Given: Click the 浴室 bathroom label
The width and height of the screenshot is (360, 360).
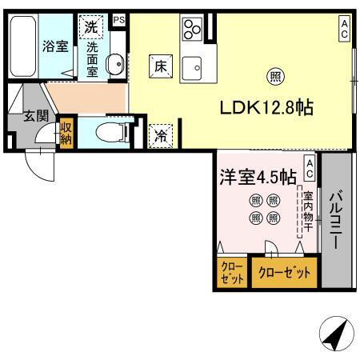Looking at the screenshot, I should pos(55,47).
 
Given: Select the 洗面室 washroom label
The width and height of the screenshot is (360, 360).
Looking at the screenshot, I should pos(92,58).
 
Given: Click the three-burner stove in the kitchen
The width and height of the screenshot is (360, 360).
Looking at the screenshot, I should pos(192,30).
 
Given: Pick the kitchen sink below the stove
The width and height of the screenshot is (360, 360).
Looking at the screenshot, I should pos(192,69).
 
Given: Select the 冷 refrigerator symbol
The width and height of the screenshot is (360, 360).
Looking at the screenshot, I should pos(161,135).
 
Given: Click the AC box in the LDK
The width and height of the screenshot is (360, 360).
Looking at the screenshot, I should pos(344,30).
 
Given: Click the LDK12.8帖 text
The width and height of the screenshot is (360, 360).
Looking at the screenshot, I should pos(271,106).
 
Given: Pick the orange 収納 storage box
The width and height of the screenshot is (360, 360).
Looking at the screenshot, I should pos(66,135).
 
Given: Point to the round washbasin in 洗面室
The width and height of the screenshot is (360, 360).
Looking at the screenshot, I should pos(114,63).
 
